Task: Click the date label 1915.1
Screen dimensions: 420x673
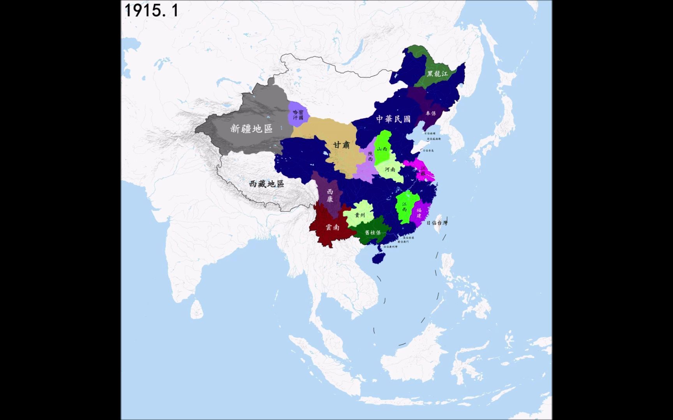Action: (151, 10)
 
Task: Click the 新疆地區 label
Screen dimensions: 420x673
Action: (251, 129)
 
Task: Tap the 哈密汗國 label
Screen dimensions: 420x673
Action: (298, 114)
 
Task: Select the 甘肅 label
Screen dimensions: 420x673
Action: (342, 145)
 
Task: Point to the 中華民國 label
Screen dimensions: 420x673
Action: (393, 119)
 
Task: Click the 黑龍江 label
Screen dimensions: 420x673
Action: (437, 73)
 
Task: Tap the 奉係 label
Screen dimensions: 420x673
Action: (431, 113)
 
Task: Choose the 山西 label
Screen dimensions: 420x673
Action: (382, 149)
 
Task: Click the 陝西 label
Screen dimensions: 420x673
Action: (370, 156)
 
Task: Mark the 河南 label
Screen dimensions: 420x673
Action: (390, 170)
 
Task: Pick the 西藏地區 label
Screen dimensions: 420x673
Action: (267, 184)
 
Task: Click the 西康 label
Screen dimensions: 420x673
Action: (330, 196)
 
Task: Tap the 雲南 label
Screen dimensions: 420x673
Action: (332, 227)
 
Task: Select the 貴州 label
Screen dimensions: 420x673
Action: (360, 215)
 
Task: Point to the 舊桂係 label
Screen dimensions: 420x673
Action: (373, 233)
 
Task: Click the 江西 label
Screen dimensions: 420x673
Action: (404, 207)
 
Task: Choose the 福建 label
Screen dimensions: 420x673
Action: (419, 213)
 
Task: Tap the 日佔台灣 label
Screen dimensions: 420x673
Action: (437, 223)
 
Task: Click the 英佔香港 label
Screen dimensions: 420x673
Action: (409, 238)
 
